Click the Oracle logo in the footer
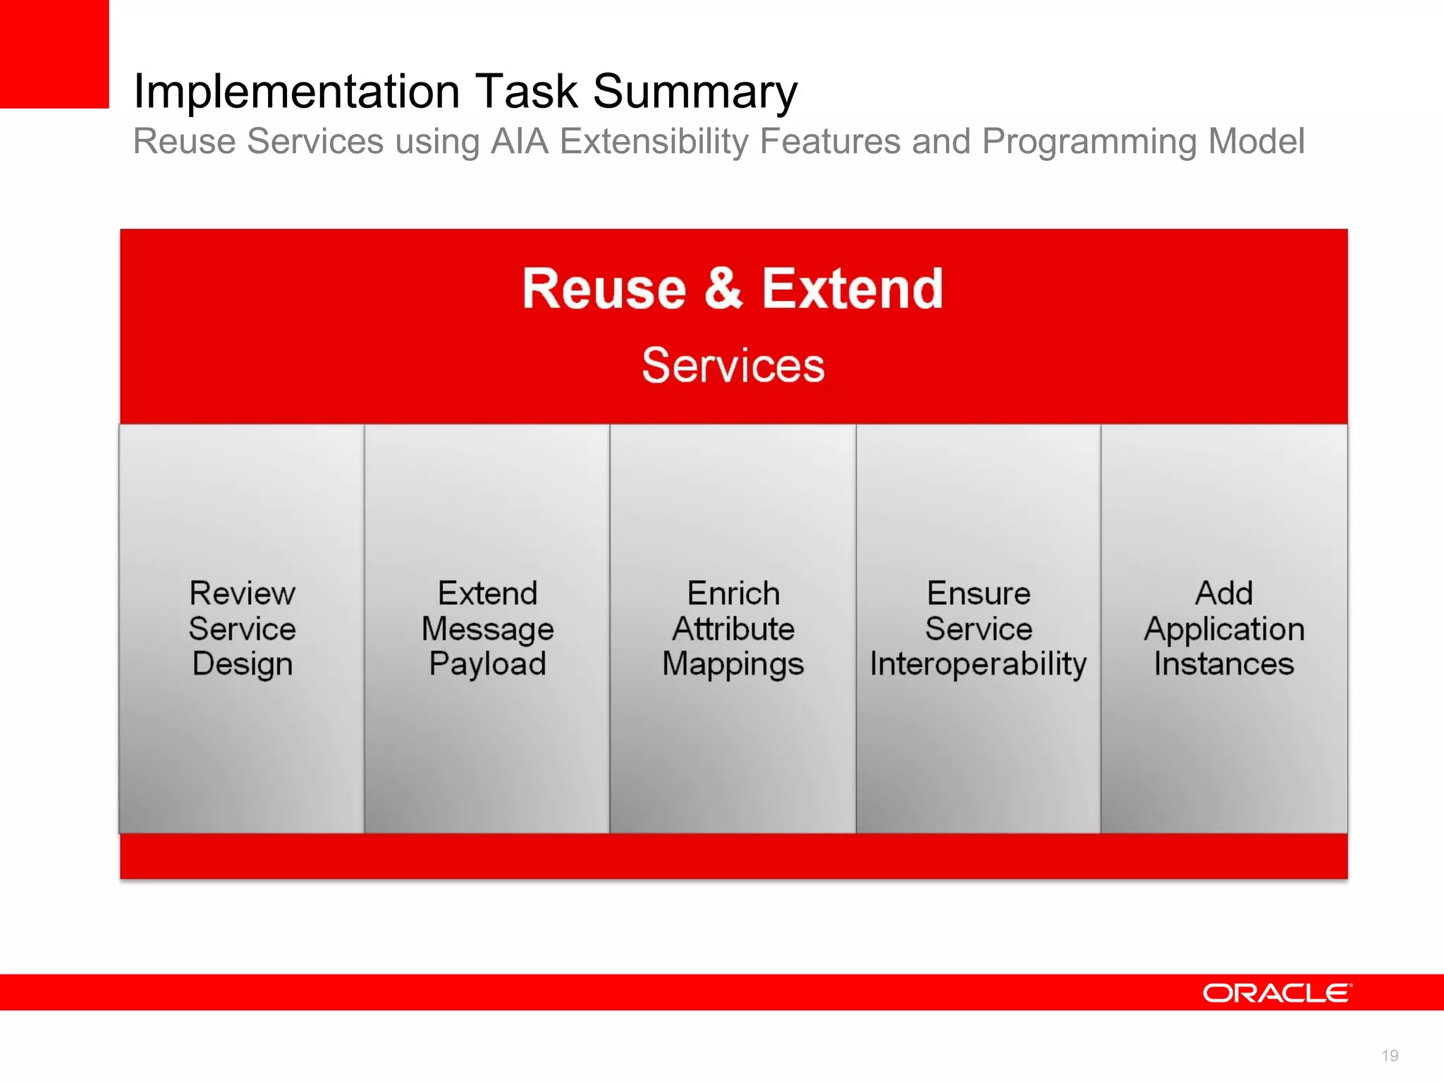pyautogui.click(x=1277, y=993)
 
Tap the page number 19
pyautogui.click(x=1389, y=1056)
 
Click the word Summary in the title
pyautogui.click(x=695, y=92)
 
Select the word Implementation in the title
pyautogui.click(x=297, y=92)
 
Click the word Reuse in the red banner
pyautogui.click(x=604, y=289)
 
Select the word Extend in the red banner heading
pyautogui.click(x=852, y=289)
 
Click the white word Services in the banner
pyautogui.click(x=733, y=365)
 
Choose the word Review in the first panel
pyautogui.click(x=242, y=593)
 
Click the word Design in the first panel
pyautogui.click(x=242, y=664)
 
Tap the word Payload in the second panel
pyautogui.click(x=487, y=664)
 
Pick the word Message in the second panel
pyautogui.click(x=487, y=629)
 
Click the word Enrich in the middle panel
pyautogui.click(x=733, y=593)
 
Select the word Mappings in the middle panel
pyautogui.click(x=733, y=664)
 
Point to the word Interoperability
pyautogui.click(x=978, y=664)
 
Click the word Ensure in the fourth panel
pyautogui.click(x=978, y=593)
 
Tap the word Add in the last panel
pyautogui.click(x=1223, y=593)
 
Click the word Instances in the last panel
pyautogui.click(x=1223, y=664)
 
